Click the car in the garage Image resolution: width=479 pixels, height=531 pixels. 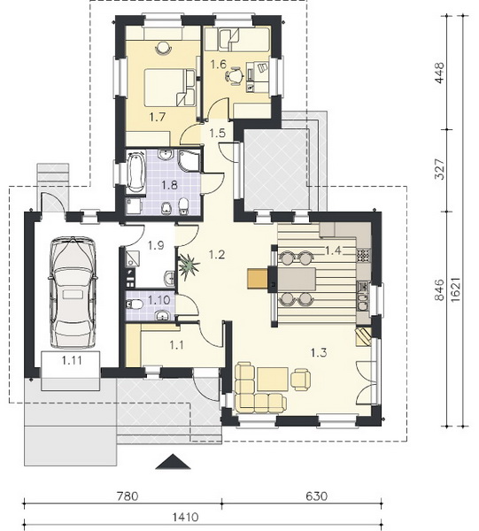pos(73,293)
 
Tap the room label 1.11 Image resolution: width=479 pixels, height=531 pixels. pos(72,360)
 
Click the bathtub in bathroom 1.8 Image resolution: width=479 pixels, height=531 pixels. pos(135,172)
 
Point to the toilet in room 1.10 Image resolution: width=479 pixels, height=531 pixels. pos(135,304)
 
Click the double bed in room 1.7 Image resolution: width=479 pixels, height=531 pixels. pos(169,88)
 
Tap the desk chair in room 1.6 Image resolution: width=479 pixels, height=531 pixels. pos(235,76)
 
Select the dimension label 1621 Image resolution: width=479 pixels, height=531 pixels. pos(456,289)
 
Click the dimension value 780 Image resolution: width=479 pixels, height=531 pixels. pos(127,496)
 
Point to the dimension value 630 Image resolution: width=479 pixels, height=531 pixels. pos(317,496)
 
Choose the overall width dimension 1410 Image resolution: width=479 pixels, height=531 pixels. pos(185,517)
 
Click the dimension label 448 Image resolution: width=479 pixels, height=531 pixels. pos(439,73)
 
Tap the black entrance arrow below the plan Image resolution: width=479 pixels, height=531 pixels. pos(173,462)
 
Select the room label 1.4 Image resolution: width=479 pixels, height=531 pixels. pos(333,250)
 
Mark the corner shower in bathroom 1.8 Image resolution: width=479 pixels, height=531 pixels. pos(189,161)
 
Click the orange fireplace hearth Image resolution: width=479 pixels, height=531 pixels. pos(258,278)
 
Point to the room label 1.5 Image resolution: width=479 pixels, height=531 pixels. pos(217,133)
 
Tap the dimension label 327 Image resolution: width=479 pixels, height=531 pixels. pos(439,169)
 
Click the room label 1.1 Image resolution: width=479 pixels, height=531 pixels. pos(176,345)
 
